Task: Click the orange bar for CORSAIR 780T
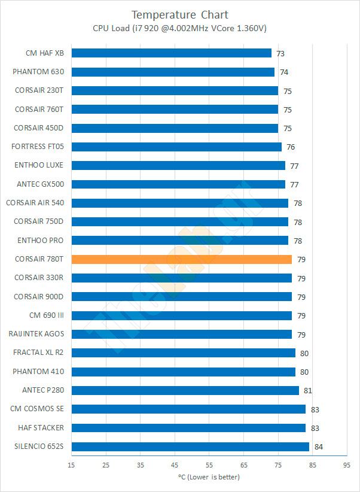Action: [x=182, y=259]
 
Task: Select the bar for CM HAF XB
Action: [x=172, y=53]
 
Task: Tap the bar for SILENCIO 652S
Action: [x=190, y=447]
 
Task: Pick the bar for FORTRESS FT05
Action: [x=176, y=147]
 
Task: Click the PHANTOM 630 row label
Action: [x=38, y=72]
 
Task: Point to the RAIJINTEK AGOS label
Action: [x=36, y=334]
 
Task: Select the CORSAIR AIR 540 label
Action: [x=35, y=203]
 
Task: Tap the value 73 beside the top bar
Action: [x=280, y=53]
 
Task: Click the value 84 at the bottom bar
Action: [x=318, y=447]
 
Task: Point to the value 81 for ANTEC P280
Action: [x=308, y=391]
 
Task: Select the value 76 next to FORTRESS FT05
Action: [x=291, y=147]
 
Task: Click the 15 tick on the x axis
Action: [x=72, y=464]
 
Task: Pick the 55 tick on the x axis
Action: [x=209, y=464]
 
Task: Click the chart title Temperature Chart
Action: [x=180, y=14]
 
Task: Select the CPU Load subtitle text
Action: [x=180, y=28]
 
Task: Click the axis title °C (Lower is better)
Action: [x=209, y=477]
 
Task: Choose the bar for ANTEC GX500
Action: [x=178, y=184]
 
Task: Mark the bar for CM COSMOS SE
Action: [x=188, y=409]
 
